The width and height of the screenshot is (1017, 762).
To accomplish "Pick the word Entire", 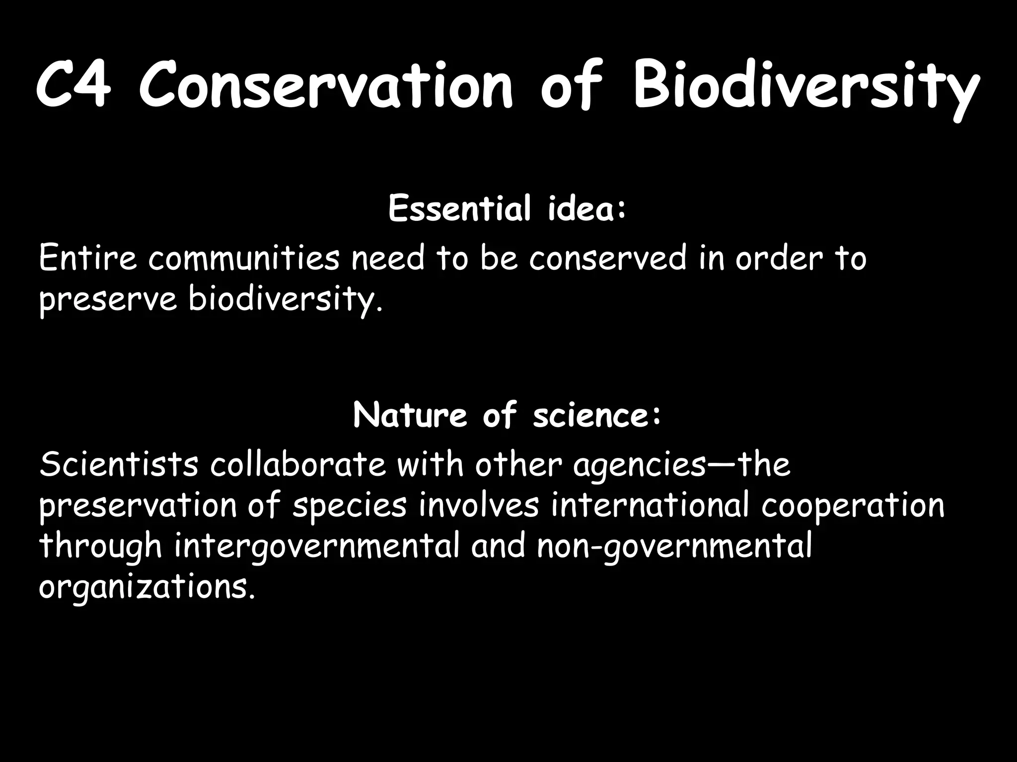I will [87, 258].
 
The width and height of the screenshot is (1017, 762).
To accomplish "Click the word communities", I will [244, 258].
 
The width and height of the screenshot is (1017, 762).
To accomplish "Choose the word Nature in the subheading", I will [410, 415].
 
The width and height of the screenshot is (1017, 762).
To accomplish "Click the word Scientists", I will [119, 465].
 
